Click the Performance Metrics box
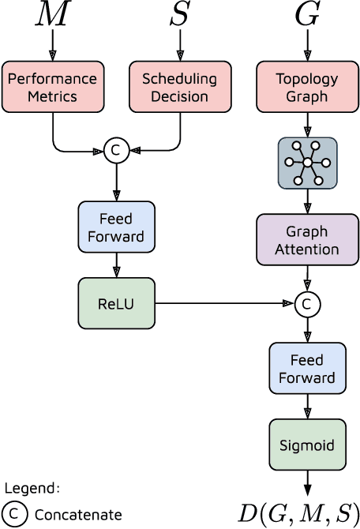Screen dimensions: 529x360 click(x=53, y=88)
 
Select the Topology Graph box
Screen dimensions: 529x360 click(x=307, y=88)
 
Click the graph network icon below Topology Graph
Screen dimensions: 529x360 click(x=307, y=163)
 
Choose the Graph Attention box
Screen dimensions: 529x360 click(x=307, y=241)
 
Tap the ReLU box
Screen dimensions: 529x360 click(x=117, y=303)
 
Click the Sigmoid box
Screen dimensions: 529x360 click(x=307, y=445)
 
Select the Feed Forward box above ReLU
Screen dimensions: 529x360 click(x=117, y=227)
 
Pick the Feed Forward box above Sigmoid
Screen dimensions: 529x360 click(x=307, y=369)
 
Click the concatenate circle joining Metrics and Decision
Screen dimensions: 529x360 click(x=117, y=150)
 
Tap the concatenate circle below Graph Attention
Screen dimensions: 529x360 click(x=307, y=304)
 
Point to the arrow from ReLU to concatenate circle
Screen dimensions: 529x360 click(x=225, y=303)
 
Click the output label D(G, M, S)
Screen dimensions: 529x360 click(x=298, y=512)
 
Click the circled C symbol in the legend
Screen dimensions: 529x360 click(x=14, y=515)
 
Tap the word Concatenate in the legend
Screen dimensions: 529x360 click(x=77, y=515)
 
